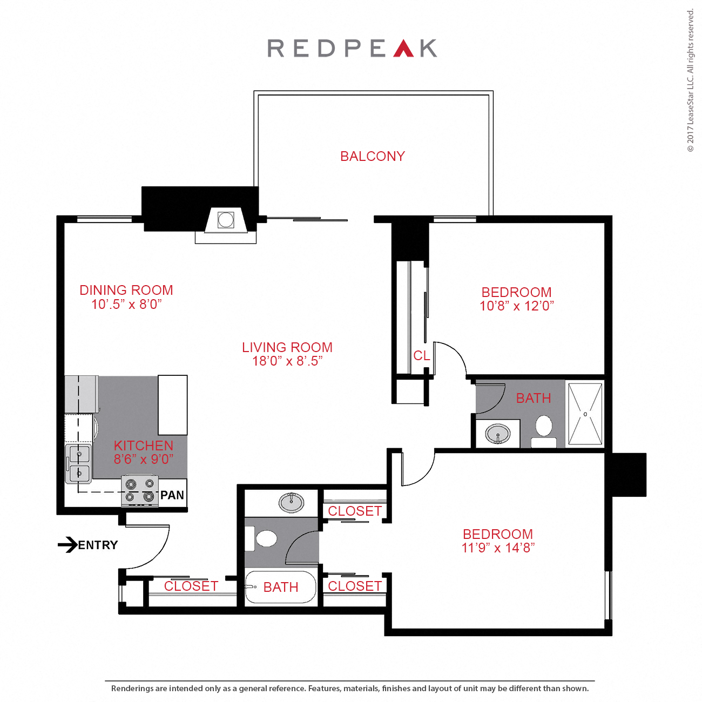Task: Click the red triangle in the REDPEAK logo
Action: pos(403,50)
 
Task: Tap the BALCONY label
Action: pos(372,157)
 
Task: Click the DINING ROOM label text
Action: pos(126,291)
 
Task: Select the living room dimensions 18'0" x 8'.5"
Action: pos(287,361)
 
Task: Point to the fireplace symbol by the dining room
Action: pos(226,220)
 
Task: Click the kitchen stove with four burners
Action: pos(140,490)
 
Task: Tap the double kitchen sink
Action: pos(79,464)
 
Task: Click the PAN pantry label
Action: pos(172,495)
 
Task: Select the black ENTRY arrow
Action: pos(67,544)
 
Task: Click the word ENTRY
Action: pos(98,545)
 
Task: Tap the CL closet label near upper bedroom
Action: pos(421,356)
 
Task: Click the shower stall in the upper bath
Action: pos(585,414)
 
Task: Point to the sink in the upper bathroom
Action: pos(497,434)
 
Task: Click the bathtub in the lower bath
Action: pos(280,587)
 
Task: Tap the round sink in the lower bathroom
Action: pos(291,502)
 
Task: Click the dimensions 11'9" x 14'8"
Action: pos(498,548)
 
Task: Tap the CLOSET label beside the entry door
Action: pos(191,586)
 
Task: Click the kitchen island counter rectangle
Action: pos(172,405)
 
